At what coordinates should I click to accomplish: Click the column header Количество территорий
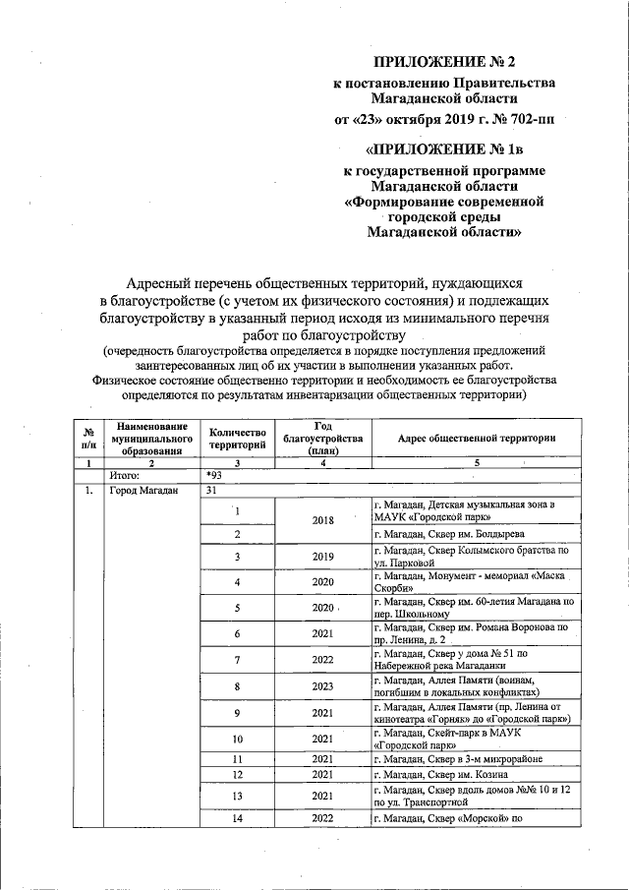237,439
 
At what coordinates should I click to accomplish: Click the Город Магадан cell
143,490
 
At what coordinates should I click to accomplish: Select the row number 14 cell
237,818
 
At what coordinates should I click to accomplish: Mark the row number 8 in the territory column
237,686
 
